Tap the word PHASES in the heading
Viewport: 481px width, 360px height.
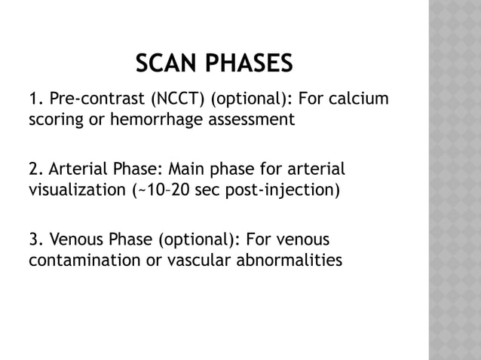pyautogui.click(x=250, y=64)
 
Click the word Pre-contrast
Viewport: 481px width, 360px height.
pyautogui.click(x=90, y=99)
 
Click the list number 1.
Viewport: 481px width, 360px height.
pyautogui.click(x=34, y=99)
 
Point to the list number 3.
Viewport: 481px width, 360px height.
pyautogui.click(x=34, y=240)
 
